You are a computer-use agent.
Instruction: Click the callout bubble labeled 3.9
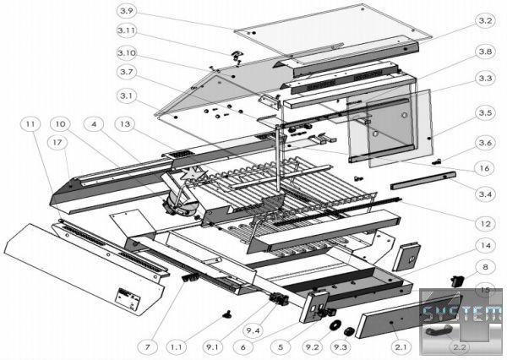[127, 11]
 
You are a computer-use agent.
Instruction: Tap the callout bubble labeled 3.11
[127, 34]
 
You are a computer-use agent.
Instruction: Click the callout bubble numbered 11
[31, 124]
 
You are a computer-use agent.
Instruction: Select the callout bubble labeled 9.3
[342, 346]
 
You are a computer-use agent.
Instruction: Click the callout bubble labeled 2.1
[401, 346]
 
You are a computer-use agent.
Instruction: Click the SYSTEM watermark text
[463, 313]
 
